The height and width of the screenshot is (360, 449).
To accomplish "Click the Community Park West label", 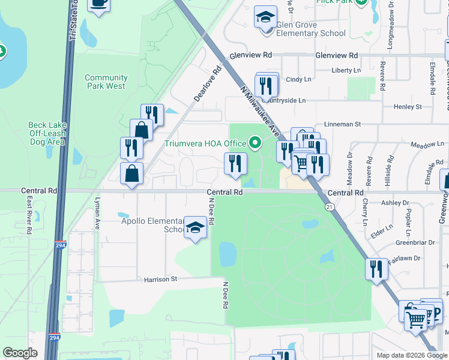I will [x=106, y=82].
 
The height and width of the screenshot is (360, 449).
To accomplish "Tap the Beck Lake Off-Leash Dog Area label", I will [x=46, y=134].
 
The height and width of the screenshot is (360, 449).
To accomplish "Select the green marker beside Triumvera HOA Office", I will [x=255, y=143].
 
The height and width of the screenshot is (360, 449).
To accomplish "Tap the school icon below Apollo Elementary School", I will [x=195, y=227].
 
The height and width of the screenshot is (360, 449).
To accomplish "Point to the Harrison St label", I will [x=161, y=279].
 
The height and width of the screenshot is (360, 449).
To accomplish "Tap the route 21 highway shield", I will [x=329, y=206].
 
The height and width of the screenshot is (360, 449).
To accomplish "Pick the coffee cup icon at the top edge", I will [x=98, y=3].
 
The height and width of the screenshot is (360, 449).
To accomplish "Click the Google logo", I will [x=20, y=353].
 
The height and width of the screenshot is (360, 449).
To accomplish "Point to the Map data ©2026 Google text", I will [x=411, y=355].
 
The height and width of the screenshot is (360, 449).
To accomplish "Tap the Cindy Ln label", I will [x=299, y=79].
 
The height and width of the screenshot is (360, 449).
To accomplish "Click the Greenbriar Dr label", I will [x=411, y=244].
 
